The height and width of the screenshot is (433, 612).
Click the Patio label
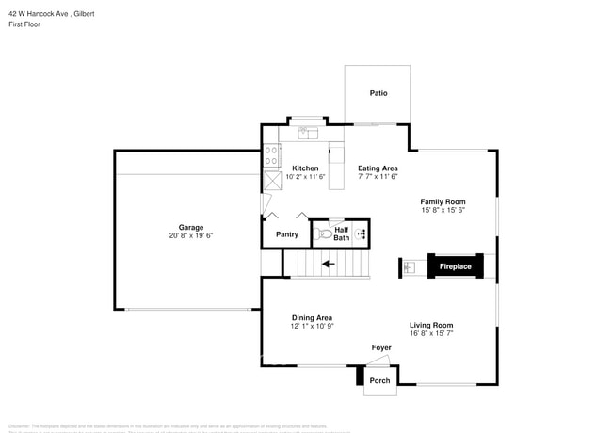(378, 93)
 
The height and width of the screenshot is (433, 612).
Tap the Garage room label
(191, 227)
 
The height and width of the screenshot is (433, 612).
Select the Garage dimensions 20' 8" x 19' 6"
(191, 236)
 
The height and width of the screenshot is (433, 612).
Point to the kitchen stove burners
(270, 154)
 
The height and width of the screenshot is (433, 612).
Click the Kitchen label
(305, 168)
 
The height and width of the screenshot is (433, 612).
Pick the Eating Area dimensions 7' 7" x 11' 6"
(378, 177)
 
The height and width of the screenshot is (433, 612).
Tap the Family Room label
(443, 201)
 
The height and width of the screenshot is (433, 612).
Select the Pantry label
(287, 234)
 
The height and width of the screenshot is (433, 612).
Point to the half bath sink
(362, 233)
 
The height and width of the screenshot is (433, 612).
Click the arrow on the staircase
(328, 264)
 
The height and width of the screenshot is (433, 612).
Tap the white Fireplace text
(456, 267)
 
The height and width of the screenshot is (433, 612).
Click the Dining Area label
(312, 317)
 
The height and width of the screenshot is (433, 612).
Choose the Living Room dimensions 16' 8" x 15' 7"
(431, 334)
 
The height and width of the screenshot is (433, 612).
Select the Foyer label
(381, 348)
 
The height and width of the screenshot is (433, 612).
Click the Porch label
(379, 380)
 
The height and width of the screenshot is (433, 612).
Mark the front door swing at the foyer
(377, 363)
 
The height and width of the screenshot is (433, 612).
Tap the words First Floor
(24, 24)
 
